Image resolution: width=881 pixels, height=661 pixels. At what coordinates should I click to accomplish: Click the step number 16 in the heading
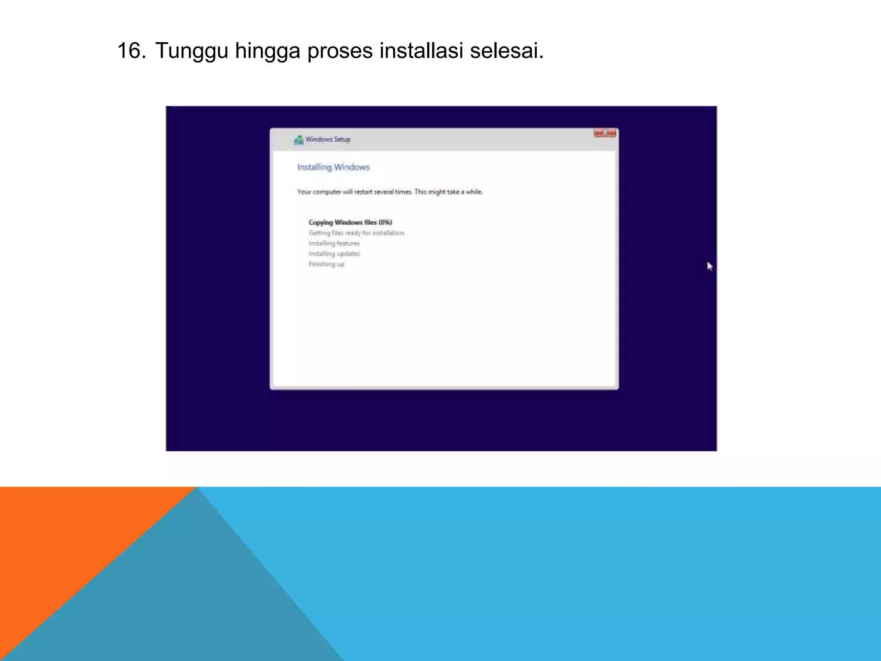click(131, 51)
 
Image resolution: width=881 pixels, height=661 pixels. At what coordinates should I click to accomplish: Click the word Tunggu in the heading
click(191, 51)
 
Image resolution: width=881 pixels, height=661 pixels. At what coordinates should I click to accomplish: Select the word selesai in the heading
click(507, 51)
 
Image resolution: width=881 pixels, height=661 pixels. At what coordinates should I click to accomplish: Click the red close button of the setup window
click(604, 133)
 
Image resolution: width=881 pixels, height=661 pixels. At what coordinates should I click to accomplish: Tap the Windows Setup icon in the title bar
click(299, 140)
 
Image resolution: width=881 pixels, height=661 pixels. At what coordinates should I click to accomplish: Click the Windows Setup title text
click(328, 139)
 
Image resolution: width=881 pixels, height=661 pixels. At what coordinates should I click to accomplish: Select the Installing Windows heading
click(333, 167)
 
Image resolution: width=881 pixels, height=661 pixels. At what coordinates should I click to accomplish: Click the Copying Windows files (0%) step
click(350, 222)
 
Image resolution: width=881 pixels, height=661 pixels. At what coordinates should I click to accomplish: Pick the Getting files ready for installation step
click(356, 233)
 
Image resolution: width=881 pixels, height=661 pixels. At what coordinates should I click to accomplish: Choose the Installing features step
click(334, 243)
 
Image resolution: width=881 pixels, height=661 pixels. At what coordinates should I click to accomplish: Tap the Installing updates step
click(334, 253)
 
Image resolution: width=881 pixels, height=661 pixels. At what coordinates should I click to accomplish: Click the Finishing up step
click(327, 264)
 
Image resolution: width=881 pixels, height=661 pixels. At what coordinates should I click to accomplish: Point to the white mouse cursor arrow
click(709, 266)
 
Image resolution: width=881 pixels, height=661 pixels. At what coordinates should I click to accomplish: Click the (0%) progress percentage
click(385, 222)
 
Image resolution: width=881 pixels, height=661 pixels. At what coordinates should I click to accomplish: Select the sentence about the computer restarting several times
click(355, 192)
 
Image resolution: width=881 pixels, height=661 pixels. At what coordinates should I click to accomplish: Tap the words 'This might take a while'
click(448, 192)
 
